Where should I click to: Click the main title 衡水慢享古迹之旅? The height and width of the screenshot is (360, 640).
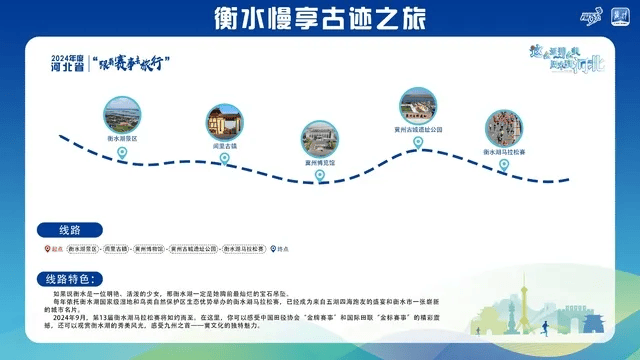coord(319,17)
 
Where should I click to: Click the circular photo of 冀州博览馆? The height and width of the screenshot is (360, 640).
coord(320,140)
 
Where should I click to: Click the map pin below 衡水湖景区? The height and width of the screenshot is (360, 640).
coord(123,153)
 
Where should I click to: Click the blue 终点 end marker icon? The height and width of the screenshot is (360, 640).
coord(272,248)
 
